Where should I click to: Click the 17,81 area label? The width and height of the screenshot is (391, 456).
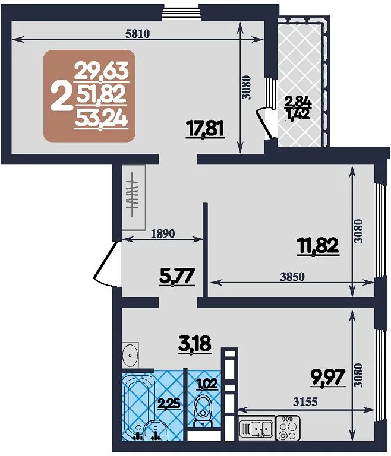[205, 130]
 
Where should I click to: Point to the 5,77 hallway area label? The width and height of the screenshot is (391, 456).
[176, 277]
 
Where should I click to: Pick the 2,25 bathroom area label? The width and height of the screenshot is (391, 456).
[169, 404]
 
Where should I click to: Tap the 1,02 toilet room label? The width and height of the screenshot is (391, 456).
[207, 384]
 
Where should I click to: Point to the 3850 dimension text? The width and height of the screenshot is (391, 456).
[292, 277]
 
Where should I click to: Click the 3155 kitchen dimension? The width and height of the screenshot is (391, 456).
[305, 402]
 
